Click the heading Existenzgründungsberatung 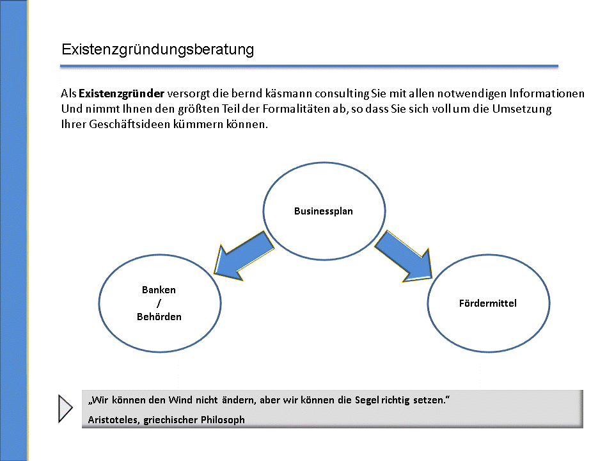pos(157,49)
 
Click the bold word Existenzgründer pos(122,93)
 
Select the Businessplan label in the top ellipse pos(324,211)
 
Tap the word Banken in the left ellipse pos(159,290)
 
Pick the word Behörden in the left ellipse pos(159,316)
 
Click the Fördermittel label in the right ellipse pos(488,303)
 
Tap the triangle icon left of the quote pos(65,408)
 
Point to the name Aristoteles pos(112,420)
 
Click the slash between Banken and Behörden pos(159,303)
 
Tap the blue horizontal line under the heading pos(309,66)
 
